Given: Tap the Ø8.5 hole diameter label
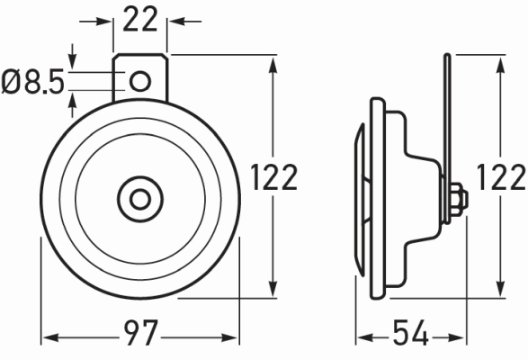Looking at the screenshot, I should pos(33,84).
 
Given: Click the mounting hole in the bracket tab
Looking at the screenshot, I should pos(139,82).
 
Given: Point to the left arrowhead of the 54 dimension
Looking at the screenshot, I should pos(362,338).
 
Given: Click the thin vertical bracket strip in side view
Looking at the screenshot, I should pos(446,117).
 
